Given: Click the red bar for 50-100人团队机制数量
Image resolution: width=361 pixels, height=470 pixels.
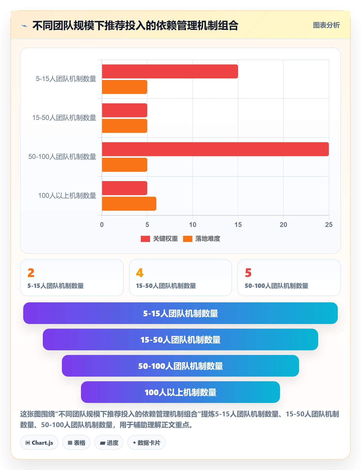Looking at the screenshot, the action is coord(215,149).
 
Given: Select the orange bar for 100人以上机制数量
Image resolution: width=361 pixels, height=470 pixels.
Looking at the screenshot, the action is coord(129,204).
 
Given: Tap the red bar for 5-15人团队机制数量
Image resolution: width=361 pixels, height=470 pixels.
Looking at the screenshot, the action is coord(170,71).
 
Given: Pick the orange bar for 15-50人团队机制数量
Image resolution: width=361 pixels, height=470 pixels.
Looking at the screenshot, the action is coord(125,126).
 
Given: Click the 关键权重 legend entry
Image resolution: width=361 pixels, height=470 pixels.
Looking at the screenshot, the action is coord(159,239).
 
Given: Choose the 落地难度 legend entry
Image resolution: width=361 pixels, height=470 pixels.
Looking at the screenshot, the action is coord(202,239).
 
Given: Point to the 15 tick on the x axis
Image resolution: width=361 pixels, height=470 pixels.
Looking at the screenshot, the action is coord(238,225).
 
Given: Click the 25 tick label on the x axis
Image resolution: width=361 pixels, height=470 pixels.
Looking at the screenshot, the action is coord(329,225).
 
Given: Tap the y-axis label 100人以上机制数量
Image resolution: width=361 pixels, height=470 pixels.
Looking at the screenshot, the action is coord(67,196).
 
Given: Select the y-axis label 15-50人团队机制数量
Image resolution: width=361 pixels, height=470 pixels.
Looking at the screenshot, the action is coord(64,118).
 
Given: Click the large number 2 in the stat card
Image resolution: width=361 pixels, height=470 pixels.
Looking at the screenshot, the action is coord(31,273).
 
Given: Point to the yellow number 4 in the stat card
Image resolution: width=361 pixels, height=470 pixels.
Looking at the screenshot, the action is coord(140,273).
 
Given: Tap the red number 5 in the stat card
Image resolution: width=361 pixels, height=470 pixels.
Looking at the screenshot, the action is coord(248,273).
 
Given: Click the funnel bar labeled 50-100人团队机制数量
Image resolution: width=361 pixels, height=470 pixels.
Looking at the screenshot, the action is coord(180,366).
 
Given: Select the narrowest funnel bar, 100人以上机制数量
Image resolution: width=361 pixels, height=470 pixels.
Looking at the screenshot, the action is coord(180,392).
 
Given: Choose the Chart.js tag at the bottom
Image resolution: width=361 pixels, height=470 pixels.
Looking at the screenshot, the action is coord(39,443).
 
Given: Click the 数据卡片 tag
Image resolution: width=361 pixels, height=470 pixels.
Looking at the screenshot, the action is coord(146,443).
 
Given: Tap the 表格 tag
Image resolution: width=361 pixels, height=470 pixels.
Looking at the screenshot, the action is coord(76,443).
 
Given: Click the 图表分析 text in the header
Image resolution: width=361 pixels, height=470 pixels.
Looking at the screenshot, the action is coord(326,25).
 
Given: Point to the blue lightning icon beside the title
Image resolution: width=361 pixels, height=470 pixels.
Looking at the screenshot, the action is coord(24,26).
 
